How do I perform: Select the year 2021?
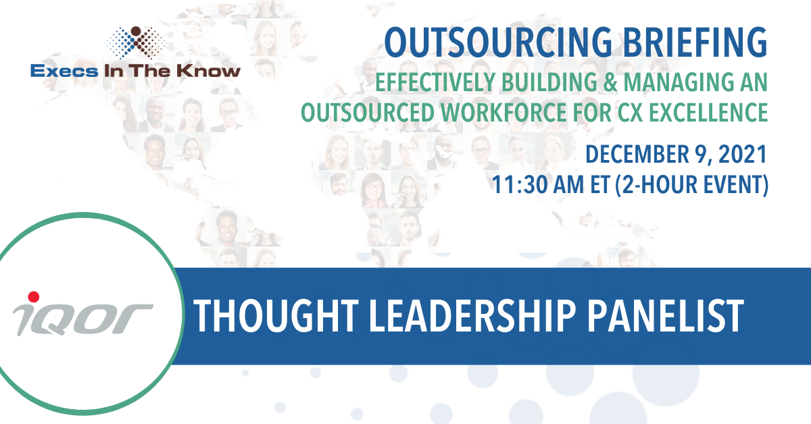pos(742,155)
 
